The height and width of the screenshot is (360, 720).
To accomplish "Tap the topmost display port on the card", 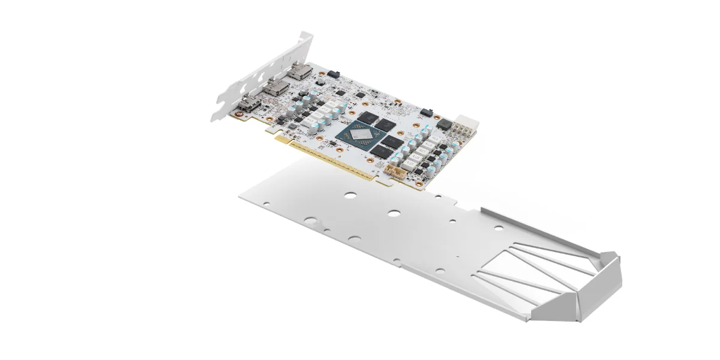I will (299, 73).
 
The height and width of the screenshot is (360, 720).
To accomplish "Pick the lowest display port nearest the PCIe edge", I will (248, 107).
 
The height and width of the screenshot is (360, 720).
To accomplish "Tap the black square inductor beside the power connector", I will (445, 124).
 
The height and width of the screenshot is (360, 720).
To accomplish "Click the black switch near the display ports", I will (334, 74).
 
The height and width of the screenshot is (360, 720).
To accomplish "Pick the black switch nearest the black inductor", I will (427, 112).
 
